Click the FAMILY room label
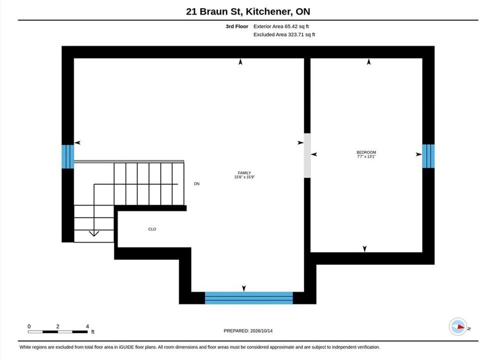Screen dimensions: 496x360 tap(244, 173)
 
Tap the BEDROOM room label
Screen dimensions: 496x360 tap(366, 152)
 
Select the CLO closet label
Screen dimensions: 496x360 tap(152, 229)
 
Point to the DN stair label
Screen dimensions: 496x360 tap(197, 183)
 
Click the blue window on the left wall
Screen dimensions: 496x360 tap(68, 156)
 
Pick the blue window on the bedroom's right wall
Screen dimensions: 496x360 tap(428, 156)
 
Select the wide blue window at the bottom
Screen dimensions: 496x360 tap(249, 298)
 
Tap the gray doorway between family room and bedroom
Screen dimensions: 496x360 tap(307, 155)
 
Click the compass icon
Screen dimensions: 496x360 tap(458, 326)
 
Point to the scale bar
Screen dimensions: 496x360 tap(58, 331)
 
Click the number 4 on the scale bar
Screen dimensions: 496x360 tap(87, 326)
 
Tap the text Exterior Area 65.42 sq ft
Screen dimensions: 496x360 tap(281, 26)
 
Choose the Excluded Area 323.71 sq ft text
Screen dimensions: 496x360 tap(284, 34)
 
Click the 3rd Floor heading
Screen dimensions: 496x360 tap(237, 26)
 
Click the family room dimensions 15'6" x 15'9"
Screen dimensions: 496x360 tap(244, 177)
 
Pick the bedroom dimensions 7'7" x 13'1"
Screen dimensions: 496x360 tap(366, 156)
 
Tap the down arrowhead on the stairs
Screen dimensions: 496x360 tap(94, 233)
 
